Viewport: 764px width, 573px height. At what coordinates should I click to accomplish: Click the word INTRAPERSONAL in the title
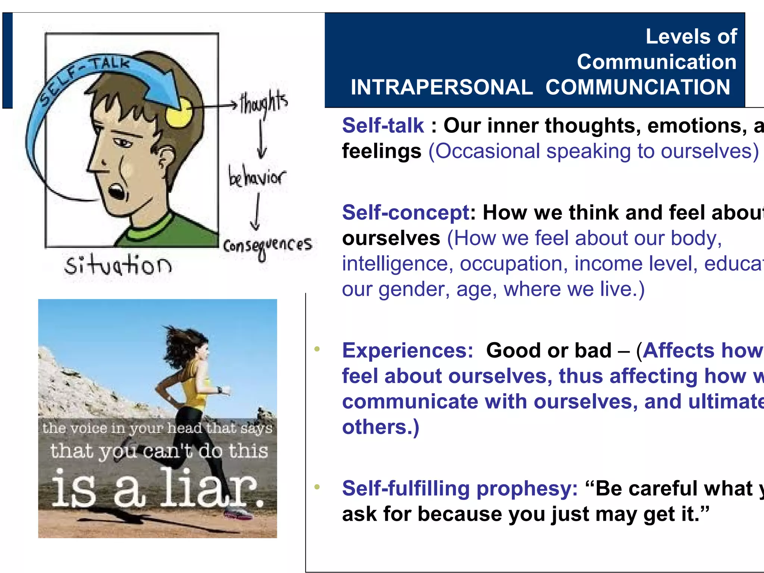[x=441, y=87]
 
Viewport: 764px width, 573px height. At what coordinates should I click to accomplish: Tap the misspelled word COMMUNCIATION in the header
[x=638, y=87]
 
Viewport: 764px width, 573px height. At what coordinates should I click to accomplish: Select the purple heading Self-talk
[x=383, y=125]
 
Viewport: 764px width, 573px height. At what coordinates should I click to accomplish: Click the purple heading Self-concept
[x=406, y=213]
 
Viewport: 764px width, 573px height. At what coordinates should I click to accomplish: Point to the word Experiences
[x=407, y=351]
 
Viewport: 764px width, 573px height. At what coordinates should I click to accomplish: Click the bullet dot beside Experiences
[x=317, y=349]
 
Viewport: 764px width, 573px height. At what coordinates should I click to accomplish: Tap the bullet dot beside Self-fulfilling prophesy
[x=317, y=487]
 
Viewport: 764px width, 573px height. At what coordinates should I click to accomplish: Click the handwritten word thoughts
[x=264, y=103]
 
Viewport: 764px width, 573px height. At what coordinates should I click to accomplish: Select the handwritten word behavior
[x=257, y=177]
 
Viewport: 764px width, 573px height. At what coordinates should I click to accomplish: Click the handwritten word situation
[x=118, y=265]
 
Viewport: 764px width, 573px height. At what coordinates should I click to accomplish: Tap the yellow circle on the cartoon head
[x=179, y=112]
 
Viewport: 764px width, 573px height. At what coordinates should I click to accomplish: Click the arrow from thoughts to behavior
[x=262, y=140]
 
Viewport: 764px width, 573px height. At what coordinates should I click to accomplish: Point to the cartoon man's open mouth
[x=116, y=191]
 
